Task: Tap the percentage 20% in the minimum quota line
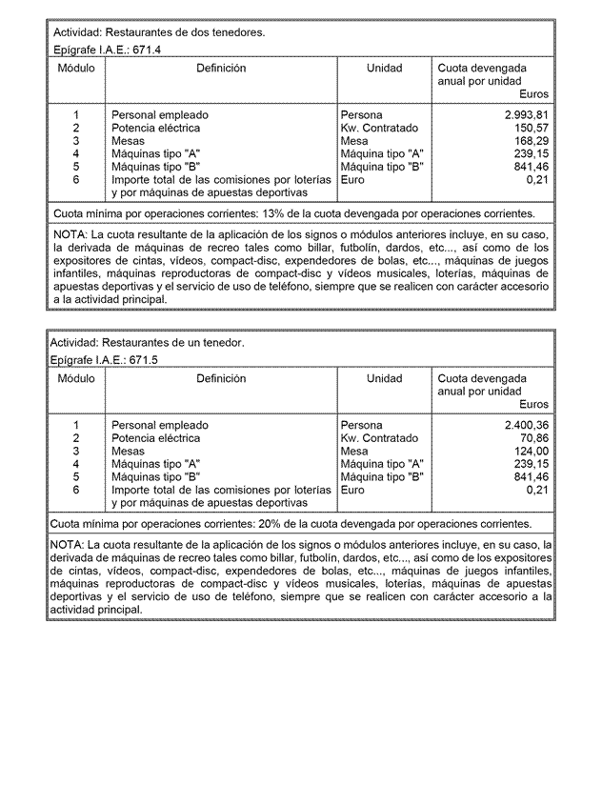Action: pos(280,524)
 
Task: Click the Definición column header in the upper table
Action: pos(221,69)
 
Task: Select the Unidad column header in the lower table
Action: pos(385,378)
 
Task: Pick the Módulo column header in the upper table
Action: pos(75,69)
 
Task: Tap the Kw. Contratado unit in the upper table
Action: pos(378,128)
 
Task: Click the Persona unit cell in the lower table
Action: pos(361,425)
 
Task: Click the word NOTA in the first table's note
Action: pos(70,234)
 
